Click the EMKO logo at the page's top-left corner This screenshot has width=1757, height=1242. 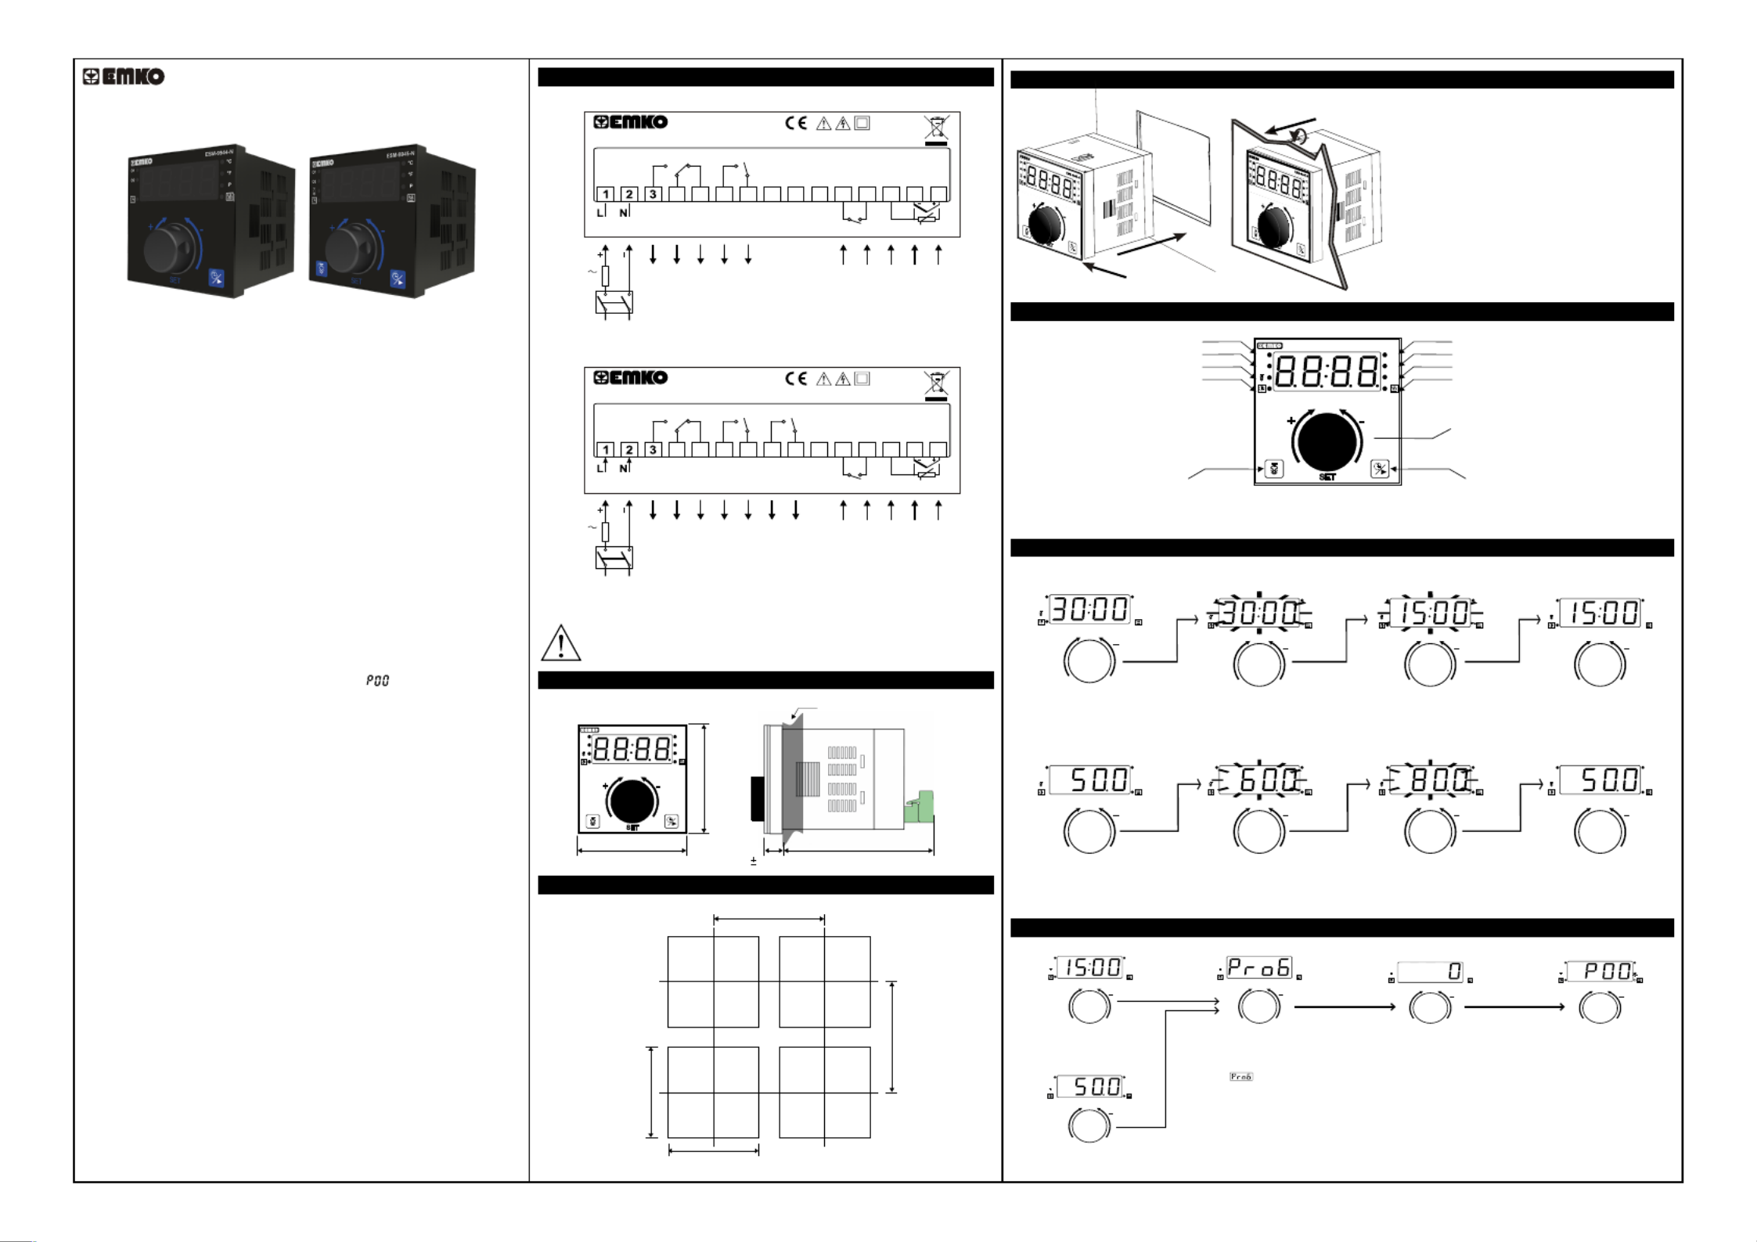tap(124, 77)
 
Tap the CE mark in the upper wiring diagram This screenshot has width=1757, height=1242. tap(796, 123)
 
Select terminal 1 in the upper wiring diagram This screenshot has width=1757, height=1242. tap(606, 194)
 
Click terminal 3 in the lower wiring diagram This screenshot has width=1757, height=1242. tap(653, 449)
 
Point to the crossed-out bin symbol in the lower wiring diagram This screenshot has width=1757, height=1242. tap(936, 383)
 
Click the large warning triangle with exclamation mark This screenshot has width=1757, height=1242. tap(560, 643)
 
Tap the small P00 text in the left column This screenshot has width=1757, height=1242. tap(377, 681)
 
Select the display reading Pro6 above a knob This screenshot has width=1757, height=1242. tap(1258, 968)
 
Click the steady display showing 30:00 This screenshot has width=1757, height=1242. tap(1090, 610)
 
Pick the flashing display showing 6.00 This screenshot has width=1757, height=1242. tap(1259, 780)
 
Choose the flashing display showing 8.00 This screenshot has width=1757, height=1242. tap(1430, 780)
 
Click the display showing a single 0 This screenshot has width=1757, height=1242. tap(1430, 971)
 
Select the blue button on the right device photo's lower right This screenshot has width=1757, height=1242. tap(398, 279)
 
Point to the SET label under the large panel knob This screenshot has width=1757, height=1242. tap(1327, 477)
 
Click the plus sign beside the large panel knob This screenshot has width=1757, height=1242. tap(1291, 420)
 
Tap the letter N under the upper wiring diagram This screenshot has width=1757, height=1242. tap(623, 213)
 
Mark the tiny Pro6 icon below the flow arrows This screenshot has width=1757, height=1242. tap(1240, 1077)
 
